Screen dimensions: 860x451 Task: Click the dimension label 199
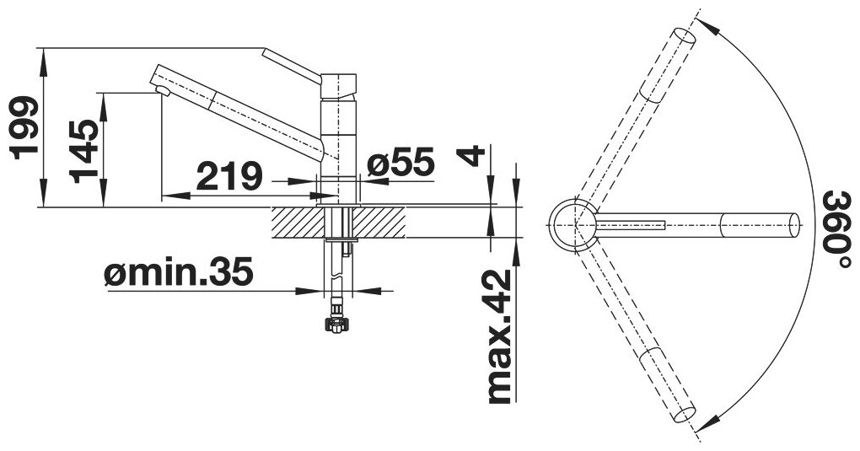24,127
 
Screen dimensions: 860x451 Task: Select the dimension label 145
84,151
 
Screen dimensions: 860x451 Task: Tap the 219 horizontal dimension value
229,175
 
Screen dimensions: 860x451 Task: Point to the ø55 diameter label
401,162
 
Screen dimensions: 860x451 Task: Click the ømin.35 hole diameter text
178,272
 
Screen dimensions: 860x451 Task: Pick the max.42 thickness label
499,336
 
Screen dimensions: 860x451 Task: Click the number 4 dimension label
471,156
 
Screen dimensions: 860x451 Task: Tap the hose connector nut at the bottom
336,323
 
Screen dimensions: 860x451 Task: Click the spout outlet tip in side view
163,90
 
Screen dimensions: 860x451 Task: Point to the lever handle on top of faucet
291,65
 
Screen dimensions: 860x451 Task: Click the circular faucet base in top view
574,226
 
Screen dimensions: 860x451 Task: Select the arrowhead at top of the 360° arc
707,25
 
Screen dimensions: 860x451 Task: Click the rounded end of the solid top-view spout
795,226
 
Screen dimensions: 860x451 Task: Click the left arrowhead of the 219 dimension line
175,196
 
